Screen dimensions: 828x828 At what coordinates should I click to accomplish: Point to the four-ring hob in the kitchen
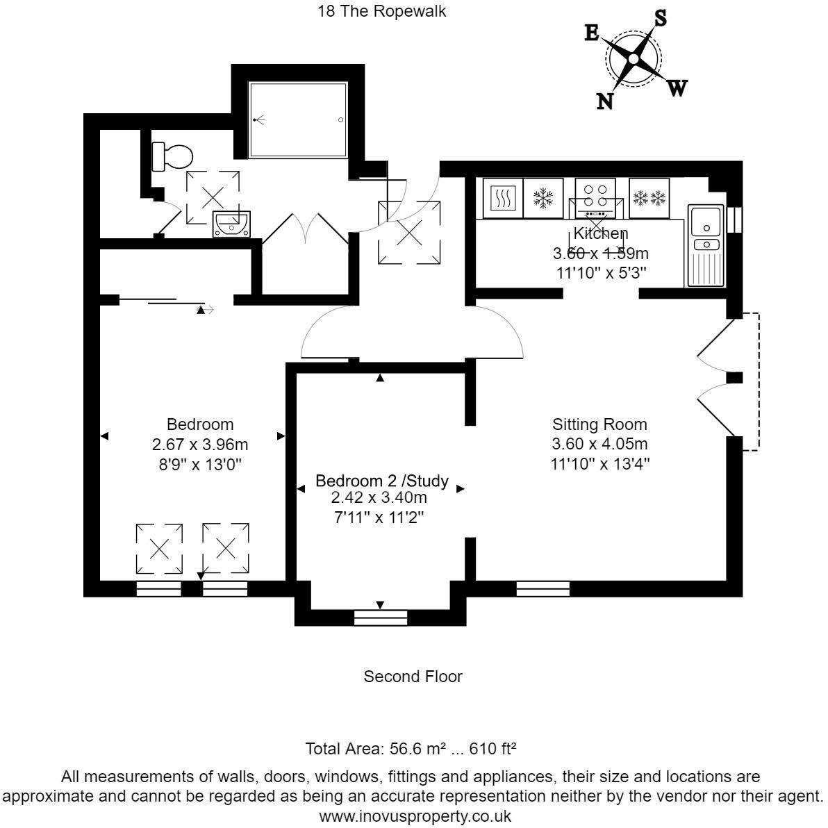[595, 197]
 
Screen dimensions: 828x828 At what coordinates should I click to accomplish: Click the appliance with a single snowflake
[543, 199]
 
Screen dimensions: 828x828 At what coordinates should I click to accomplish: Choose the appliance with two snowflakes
[649, 199]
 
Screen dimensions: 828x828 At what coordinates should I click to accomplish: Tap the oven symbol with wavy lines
[499, 199]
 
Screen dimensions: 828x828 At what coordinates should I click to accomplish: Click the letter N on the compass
[606, 101]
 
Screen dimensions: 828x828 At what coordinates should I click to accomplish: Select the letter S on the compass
[660, 19]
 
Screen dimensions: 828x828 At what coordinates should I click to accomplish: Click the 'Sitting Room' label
[599, 424]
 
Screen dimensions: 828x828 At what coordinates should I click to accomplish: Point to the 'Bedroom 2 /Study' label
[381, 481]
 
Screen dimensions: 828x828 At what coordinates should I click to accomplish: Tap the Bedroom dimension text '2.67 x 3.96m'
[200, 444]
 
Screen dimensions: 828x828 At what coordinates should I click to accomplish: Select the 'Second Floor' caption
[413, 676]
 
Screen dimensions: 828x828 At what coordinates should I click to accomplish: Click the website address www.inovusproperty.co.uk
[415, 815]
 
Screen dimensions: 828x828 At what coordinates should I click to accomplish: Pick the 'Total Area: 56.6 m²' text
[376, 750]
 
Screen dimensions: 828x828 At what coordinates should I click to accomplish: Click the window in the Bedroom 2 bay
[380, 618]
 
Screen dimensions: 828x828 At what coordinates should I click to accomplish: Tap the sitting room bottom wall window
[543, 590]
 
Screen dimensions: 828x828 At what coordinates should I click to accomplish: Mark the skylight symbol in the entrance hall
[408, 232]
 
